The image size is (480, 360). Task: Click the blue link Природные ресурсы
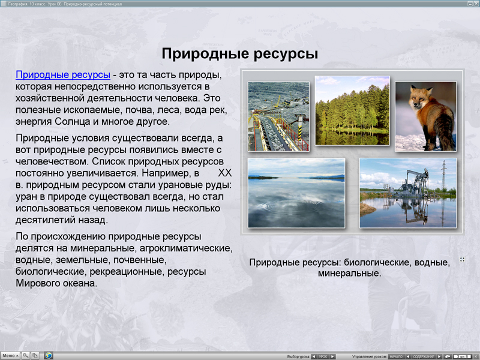(63, 75)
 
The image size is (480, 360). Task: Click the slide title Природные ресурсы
(239, 54)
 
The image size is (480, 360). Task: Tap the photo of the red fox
(425, 116)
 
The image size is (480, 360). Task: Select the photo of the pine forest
(352, 110)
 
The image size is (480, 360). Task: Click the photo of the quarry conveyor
(278, 116)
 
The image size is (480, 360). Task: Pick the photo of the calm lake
(296, 193)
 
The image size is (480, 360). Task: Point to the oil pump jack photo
(408, 193)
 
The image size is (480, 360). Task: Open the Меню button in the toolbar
(10, 355)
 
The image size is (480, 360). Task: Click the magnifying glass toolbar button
(26, 355)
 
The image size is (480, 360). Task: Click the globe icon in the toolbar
(48, 355)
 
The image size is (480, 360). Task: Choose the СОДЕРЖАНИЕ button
(423, 356)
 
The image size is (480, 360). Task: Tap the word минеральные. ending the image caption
(350, 273)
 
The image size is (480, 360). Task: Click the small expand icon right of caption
(462, 259)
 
